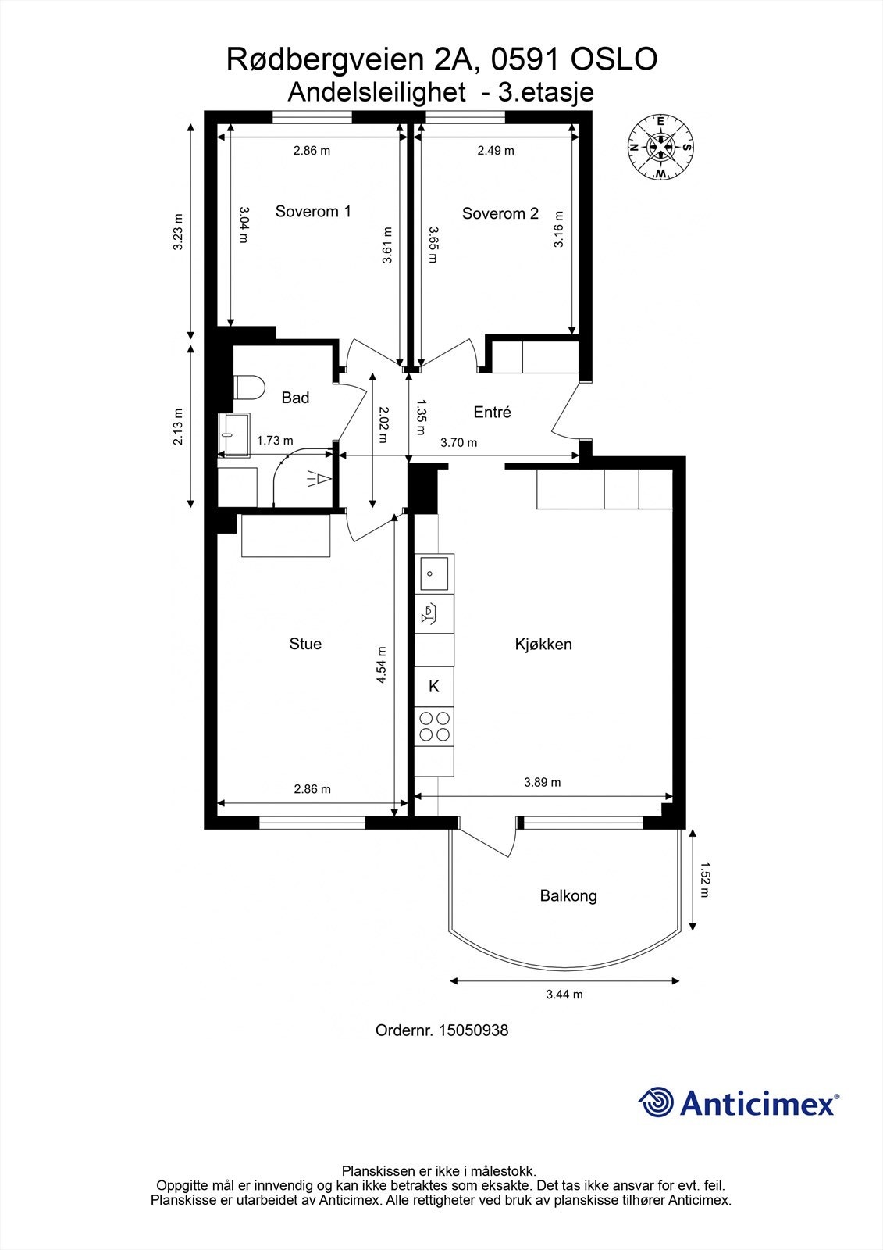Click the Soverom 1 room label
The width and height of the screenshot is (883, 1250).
pos(313,212)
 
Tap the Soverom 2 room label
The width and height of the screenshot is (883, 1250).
pos(500,213)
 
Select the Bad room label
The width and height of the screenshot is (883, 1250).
pos(295,398)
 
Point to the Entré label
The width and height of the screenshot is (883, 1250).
pos(492,412)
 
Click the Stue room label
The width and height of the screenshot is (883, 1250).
pos(305,644)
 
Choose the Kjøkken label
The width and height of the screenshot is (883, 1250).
pos(543,645)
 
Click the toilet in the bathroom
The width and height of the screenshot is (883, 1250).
pos(249,387)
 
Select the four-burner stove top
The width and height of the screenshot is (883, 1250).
pos(435,726)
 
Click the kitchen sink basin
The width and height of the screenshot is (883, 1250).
pos(435,573)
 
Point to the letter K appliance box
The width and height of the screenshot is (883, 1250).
pos(434,687)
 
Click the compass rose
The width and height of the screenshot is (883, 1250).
pos(661,148)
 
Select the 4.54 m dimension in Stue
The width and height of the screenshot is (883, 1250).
pos(382,665)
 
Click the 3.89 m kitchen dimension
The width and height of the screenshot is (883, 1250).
pos(542,782)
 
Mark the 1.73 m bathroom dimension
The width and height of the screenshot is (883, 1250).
pos(275,441)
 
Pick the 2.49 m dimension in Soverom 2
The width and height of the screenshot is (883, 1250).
pos(496,151)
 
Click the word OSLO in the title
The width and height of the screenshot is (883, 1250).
pos(614,59)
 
